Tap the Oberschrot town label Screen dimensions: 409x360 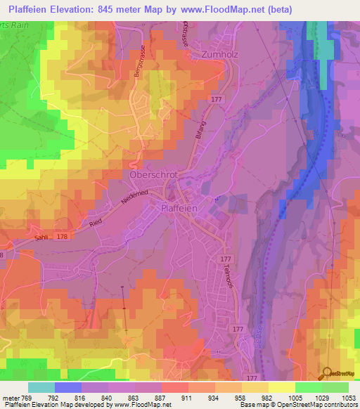pos(151,174)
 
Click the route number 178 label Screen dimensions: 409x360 pos(63,237)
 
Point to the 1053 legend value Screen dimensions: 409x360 pos(340,397)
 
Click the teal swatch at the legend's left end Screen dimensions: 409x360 pos(41,387)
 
